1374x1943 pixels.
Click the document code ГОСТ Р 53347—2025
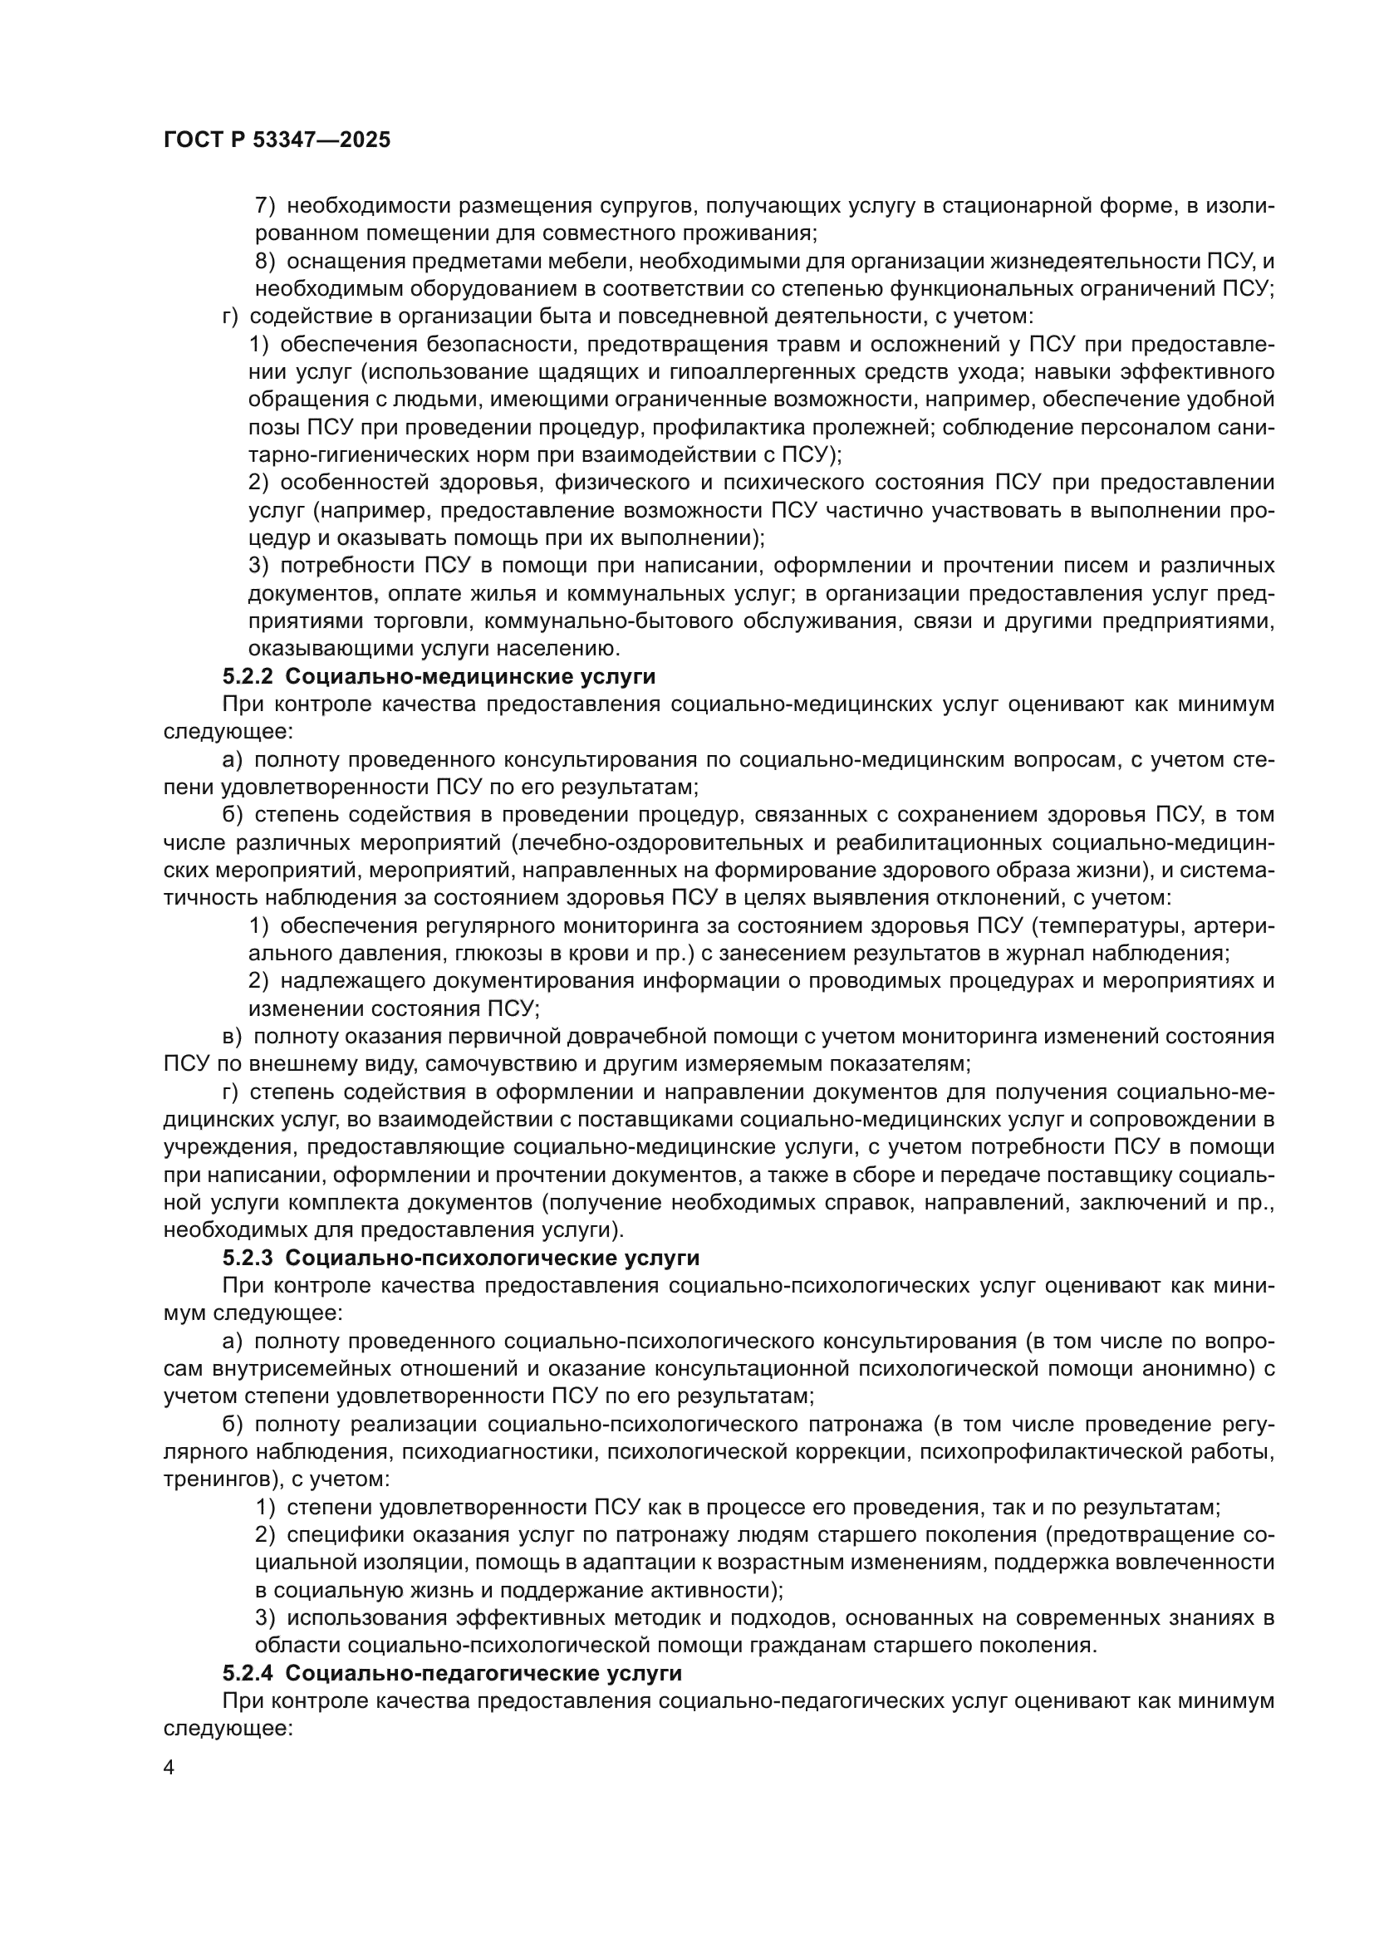(x=277, y=140)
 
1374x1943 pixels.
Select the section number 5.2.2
(x=248, y=677)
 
